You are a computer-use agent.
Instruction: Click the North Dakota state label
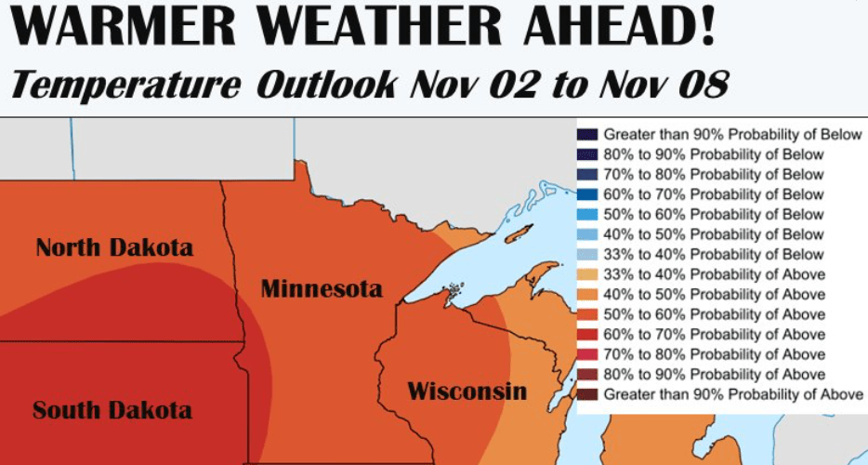click(114, 248)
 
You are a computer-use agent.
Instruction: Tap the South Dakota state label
click(112, 410)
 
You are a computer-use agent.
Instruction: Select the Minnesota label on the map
click(322, 289)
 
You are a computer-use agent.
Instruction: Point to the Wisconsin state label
click(467, 391)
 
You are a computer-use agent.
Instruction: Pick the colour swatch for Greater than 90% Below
click(587, 135)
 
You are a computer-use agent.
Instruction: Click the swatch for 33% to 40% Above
click(587, 274)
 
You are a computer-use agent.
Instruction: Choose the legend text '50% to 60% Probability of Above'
click(714, 314)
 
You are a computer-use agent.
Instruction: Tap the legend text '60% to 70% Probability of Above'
click(714, 335)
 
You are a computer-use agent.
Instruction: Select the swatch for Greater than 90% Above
click(587, 394)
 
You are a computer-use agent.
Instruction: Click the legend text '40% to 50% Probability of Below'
click(714, 234)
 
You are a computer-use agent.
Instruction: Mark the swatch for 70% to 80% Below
click(587, 175)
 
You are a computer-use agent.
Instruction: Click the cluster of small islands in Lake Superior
click(453, 290)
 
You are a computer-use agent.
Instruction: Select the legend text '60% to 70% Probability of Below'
click(714, 194)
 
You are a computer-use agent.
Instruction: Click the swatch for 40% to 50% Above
click(587, 295)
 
